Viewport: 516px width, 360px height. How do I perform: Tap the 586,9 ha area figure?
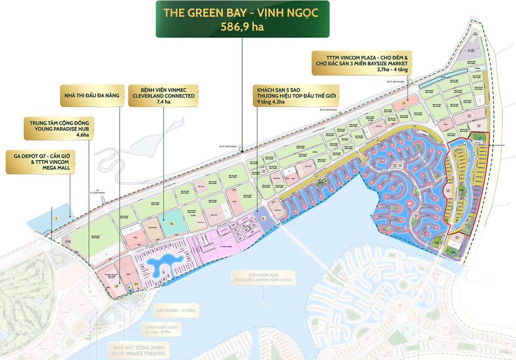[242, 27]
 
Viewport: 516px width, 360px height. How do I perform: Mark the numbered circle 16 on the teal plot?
[172, 223]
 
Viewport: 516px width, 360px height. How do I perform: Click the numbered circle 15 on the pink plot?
[404, 104]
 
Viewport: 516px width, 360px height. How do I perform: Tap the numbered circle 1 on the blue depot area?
[56, 219]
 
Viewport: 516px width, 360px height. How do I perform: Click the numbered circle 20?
[136, 284]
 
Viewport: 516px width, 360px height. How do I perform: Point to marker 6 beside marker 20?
[129, 287]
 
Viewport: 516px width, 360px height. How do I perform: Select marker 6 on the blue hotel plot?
[264, 218]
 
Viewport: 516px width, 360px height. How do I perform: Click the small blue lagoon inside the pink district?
[160, 267]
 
